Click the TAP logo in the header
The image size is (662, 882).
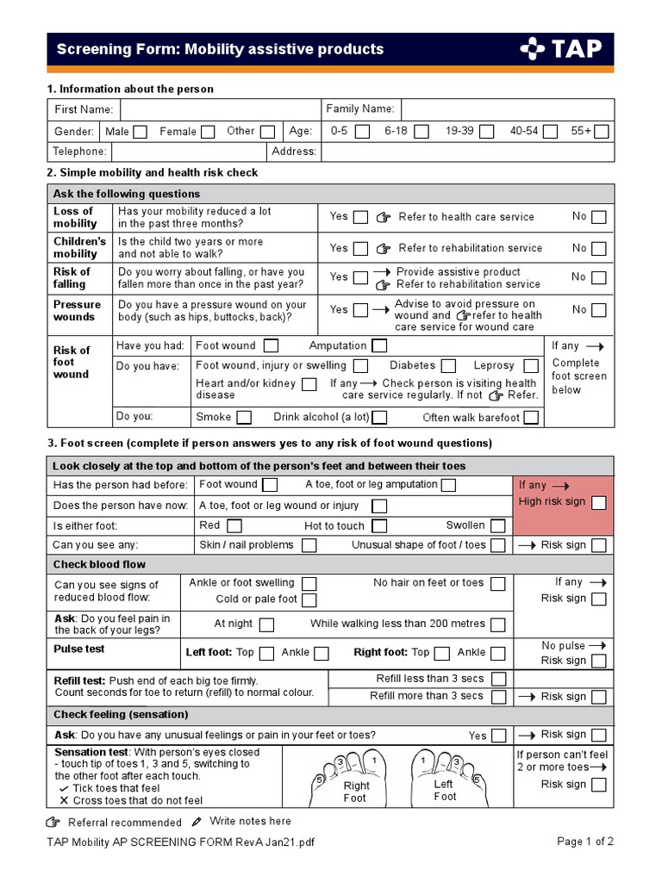[560, 49]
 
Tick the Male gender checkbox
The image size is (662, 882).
[141, 132]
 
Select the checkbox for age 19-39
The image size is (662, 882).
[487, 132]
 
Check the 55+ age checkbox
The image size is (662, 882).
[602, 132]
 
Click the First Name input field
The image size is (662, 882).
[219, 110]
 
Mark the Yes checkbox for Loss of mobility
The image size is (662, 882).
[360, 218]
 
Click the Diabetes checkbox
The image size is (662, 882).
[449, 366]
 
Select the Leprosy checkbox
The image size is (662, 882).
[533, 366]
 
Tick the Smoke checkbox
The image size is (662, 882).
[244, 418]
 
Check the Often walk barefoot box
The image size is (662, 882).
[532, 418]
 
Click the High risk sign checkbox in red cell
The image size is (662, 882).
[599, 502]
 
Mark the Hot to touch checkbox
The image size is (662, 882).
[379, 526]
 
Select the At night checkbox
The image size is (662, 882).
[267, 624]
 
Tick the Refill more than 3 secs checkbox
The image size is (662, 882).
[498, 697]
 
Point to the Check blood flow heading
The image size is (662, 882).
[100, 565]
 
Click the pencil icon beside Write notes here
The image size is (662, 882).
[197, 822]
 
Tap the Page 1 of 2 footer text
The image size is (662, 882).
[585, 842]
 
